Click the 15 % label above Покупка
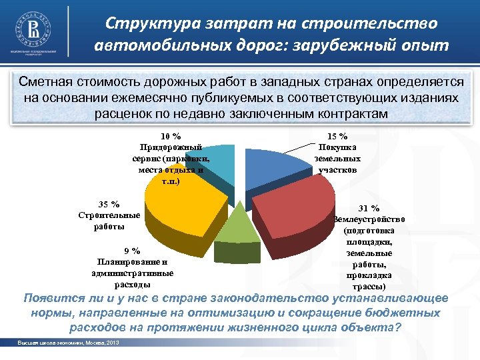click(x=337, y=136)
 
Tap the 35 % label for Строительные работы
click(x=109, y=204)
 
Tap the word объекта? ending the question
click(x=373, y=327)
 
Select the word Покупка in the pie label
click(x=337, y=147)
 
